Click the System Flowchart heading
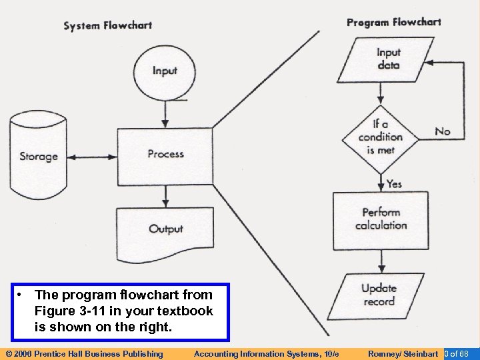pos(107,26)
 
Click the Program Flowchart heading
pos(393,22)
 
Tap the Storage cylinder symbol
pos(38,156)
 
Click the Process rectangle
pos(165,155)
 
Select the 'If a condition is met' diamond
pos(380,137)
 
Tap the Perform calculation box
pos(380,219)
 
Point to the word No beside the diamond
pos(442,131)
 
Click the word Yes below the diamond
pos(394,183)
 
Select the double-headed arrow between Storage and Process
pos(93,157)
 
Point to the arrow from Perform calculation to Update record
pos(380,260)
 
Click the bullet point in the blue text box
pos(22,295)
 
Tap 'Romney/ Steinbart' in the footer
pos(403,353)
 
